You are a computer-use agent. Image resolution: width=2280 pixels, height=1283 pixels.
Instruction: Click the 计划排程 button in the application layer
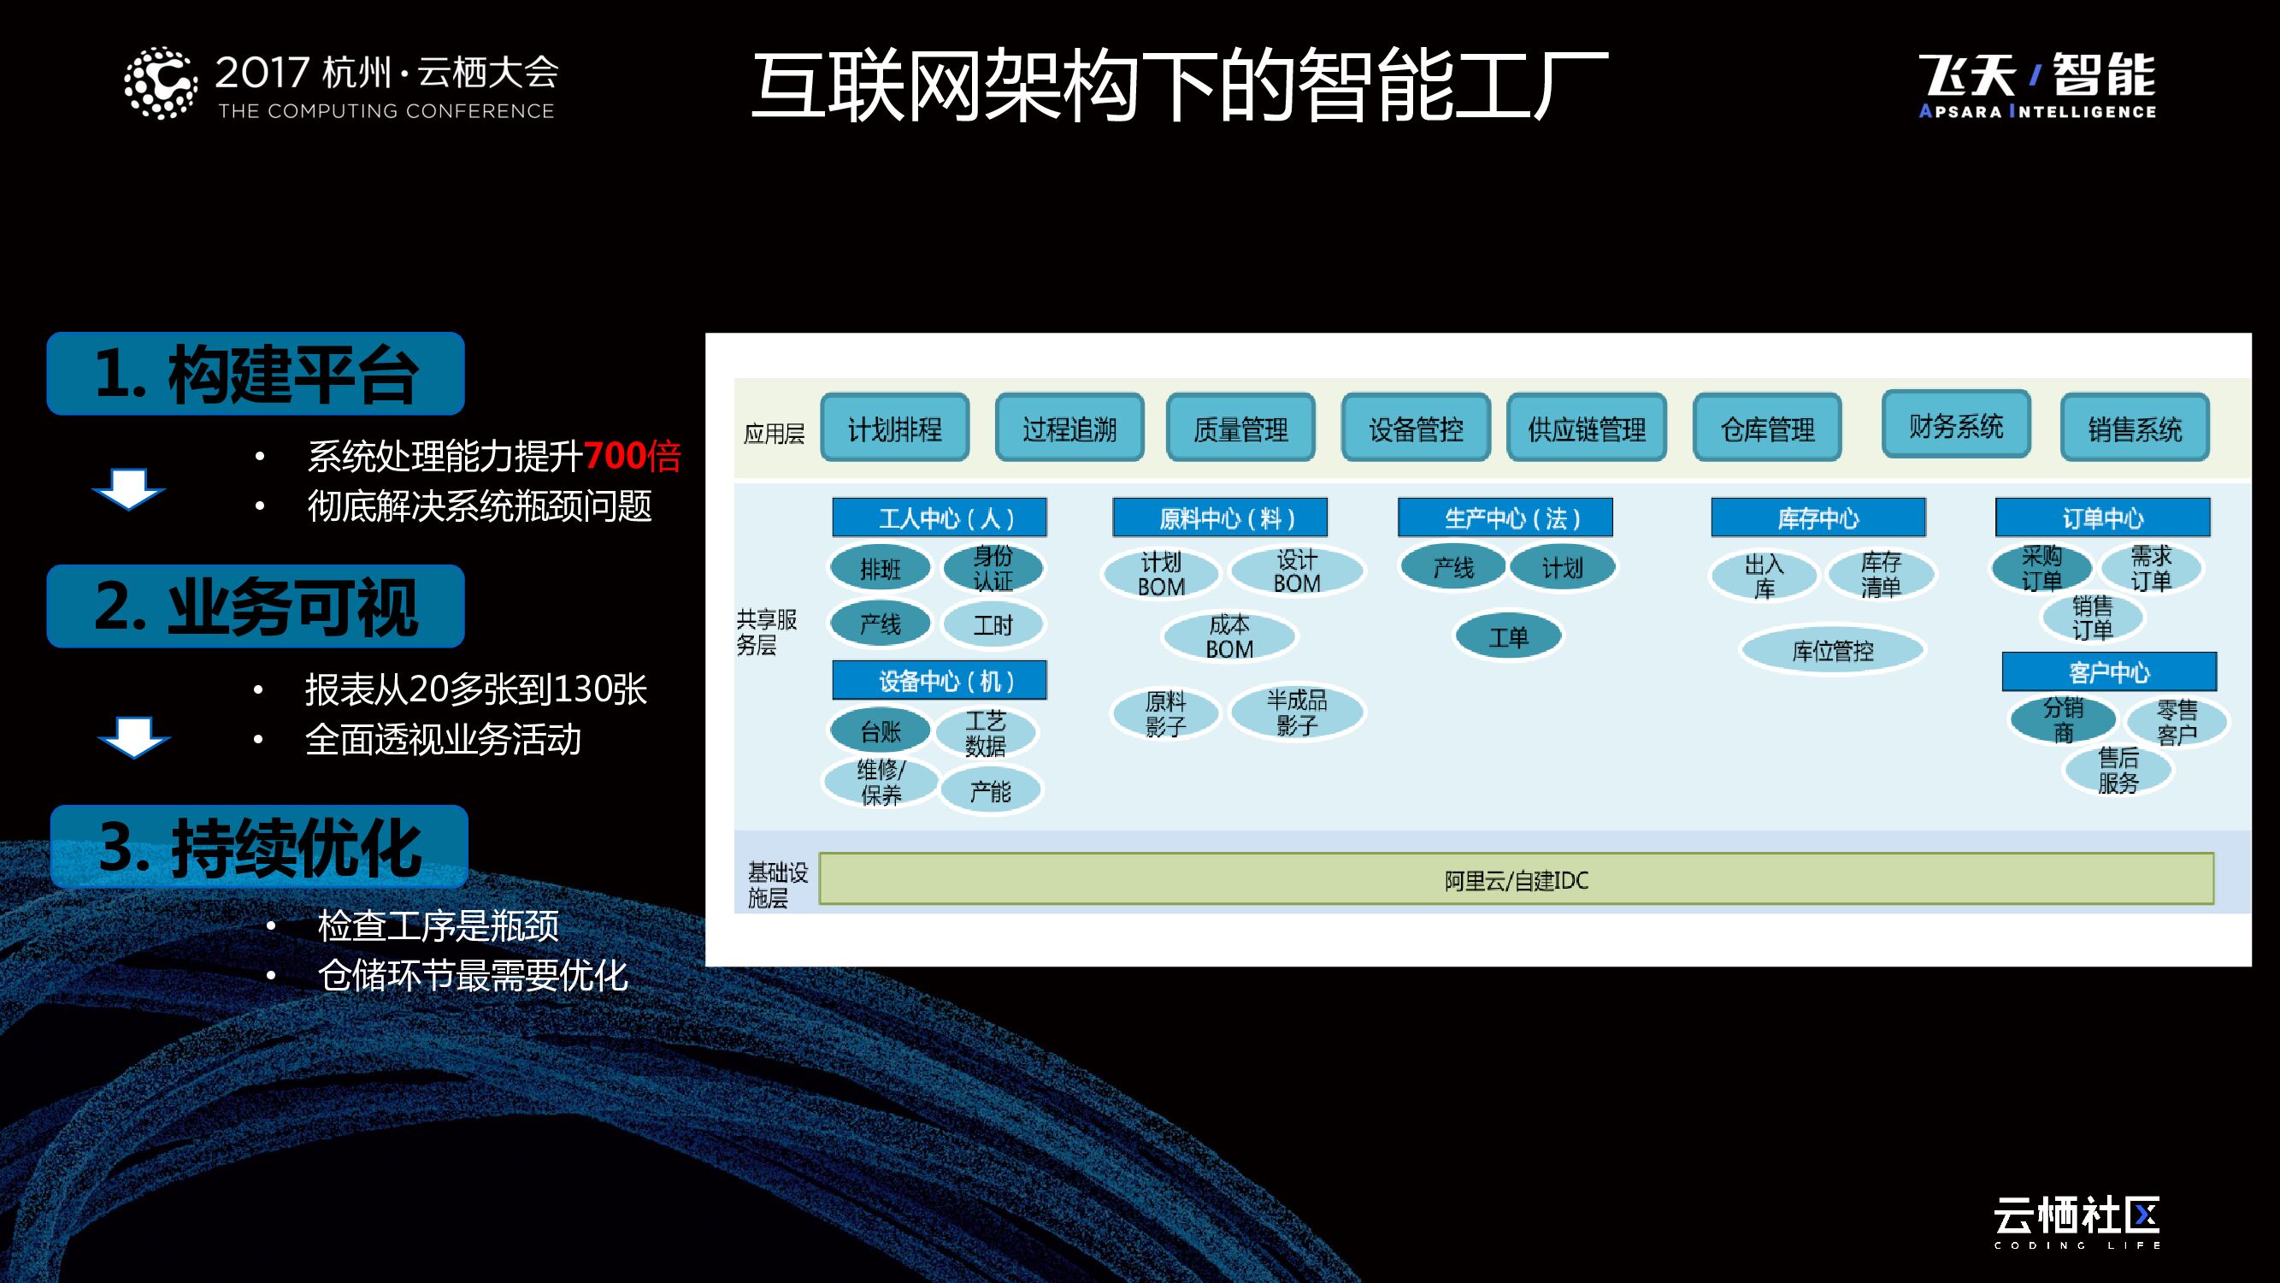(895, 429)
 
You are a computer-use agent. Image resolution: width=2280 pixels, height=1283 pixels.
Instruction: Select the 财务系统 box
(1956, 425)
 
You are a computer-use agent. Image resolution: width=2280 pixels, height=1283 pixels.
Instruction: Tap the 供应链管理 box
(1587, 429)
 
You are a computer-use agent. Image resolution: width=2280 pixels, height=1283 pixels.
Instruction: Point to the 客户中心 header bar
(2109, 672)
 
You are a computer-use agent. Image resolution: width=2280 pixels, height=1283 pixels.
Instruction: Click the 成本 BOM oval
(1229, 636)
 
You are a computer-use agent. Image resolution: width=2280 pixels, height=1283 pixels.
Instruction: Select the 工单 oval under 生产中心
(1508, 636)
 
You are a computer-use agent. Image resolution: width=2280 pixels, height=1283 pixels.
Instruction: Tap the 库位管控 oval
(1832, 651)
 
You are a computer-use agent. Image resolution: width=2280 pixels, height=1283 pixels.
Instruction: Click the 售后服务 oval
(2118, 771)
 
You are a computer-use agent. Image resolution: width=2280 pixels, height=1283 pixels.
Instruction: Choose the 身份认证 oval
(993, 569)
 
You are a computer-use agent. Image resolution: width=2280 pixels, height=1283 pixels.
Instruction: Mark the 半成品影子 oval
(1297, 712)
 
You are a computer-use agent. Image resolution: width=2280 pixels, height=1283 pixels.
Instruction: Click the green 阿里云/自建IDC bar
(1517, 879)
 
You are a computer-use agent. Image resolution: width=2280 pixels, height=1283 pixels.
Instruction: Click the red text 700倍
(632, 456)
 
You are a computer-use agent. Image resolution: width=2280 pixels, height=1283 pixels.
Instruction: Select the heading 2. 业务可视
(256, 606)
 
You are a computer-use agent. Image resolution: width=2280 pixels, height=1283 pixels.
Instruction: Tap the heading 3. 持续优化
(259, 848)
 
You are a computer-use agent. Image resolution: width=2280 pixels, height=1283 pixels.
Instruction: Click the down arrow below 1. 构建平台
(128, 488)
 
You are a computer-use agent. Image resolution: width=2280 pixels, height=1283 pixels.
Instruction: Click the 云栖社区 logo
(2077, 1222)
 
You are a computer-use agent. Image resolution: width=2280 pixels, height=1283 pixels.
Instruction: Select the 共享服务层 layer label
(768, 631)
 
